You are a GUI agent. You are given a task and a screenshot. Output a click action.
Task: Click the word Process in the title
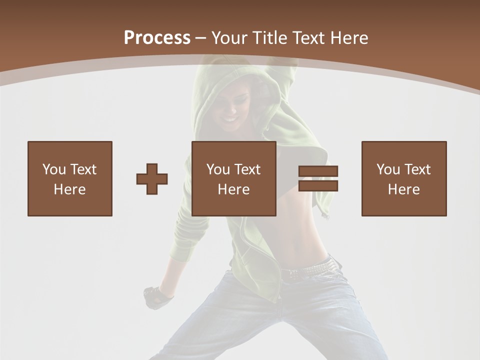tap(157, 38)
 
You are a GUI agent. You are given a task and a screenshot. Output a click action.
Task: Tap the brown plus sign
tap(152, 178)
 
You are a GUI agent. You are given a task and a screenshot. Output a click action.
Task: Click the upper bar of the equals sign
tap(318, 171)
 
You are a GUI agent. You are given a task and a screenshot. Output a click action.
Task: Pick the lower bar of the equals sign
tap(318, 186)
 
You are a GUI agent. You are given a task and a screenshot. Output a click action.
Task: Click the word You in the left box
tap(54, 169)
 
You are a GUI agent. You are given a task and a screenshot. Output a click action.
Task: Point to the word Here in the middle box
tap(234, 189)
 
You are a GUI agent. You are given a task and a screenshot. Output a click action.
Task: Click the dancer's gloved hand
tap(157, 296)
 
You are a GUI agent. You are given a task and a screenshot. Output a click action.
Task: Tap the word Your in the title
tap(229, 38)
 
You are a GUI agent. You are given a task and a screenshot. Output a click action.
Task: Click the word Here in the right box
tap(404, 189)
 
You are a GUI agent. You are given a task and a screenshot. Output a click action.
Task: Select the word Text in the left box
tap(83, 169)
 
